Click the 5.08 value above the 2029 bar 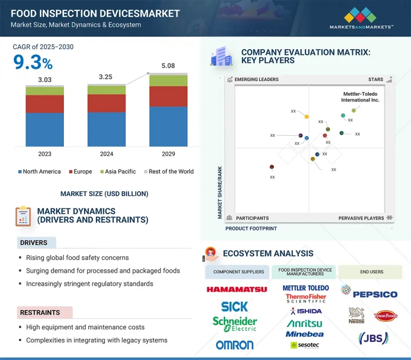(168, 66)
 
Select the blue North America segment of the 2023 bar (45, 130)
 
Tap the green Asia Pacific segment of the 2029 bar (168, 80)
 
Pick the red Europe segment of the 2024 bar (106, 103)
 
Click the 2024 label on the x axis (106, 154)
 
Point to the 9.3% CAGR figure (33, 63)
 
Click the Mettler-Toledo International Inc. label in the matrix (360, 96)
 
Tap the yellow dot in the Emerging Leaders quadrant (307, 117)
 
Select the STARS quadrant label (375, 80)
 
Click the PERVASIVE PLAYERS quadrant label (362, 218)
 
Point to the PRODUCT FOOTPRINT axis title (251, 228)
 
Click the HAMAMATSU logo (236, 289)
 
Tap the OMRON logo (235, 345)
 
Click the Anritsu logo (305, 323)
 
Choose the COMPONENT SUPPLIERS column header (239, 272)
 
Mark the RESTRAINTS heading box (45, 313)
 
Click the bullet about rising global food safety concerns (78, 258)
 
